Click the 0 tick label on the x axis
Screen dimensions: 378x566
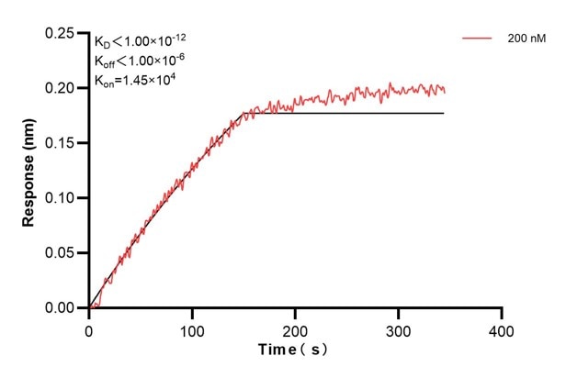click(x=89, y=328)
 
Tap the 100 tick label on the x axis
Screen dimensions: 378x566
click(x=192, y=328)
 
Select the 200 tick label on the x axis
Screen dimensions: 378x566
click(x=295, y=328)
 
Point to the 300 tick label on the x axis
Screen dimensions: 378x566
click(x=398, y=328)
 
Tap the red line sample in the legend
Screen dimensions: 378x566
click(x=478, y=39)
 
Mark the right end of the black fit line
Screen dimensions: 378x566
click(x=444, y=113)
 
